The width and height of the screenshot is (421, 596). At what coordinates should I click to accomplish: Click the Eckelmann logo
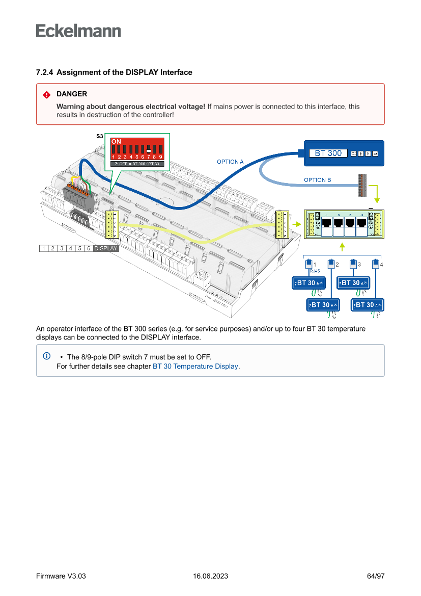pos(78,31)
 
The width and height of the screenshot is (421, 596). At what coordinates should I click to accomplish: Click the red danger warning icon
pos(47,94)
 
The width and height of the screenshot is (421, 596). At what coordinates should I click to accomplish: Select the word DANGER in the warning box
pos(72,94)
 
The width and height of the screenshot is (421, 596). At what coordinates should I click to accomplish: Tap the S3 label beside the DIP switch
pos(100,137)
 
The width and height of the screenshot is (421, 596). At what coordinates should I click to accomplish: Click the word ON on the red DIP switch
pos(116,141)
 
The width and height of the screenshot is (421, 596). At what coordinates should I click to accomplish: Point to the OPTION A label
pos(230,162)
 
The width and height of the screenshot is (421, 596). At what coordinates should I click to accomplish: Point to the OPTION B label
pos(318,180)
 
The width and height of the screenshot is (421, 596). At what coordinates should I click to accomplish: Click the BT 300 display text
pos(328,153)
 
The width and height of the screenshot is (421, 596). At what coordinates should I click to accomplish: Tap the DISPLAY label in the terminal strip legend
pos(106,248)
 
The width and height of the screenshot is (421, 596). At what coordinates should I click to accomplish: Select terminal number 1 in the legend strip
pos(44,248)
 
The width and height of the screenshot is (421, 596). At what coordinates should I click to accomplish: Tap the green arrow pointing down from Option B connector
pos(376,194)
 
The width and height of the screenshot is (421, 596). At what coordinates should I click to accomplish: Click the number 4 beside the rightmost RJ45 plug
pos(381,265)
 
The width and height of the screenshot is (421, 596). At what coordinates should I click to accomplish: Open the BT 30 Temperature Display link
pos(195,366)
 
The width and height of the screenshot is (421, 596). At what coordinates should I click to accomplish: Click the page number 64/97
pos(376,576)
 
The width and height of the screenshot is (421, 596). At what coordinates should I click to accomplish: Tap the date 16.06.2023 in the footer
pos(210,576)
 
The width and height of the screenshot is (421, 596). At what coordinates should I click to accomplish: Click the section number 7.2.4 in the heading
pos(44,72)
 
